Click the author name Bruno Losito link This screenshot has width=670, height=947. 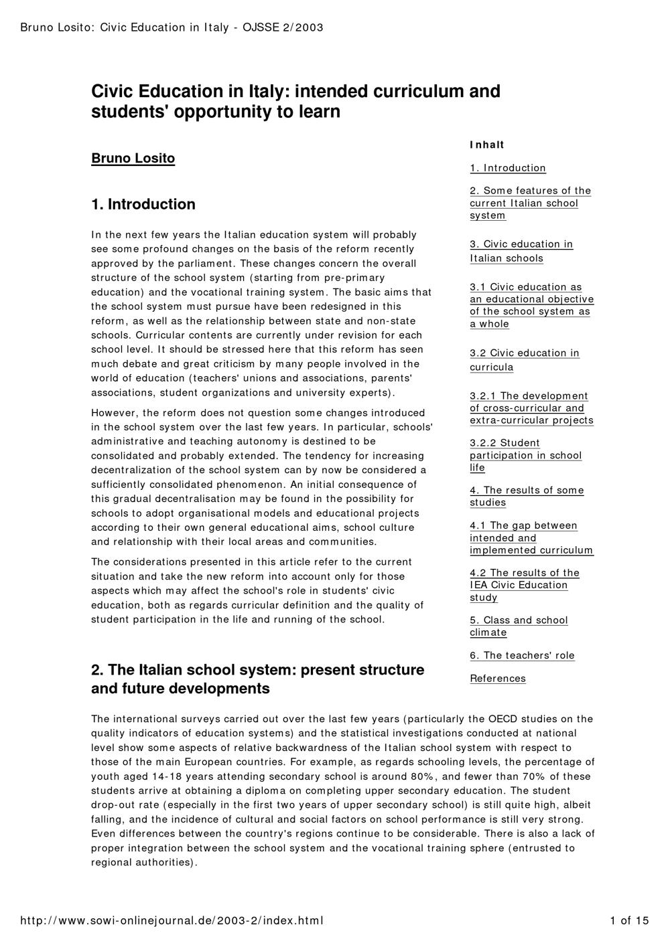133,159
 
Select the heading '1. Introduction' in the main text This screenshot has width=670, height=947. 143,204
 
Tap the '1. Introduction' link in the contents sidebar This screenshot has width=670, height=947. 508,168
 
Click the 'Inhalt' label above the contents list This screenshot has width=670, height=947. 487,145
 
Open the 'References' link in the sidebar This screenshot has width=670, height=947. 498,679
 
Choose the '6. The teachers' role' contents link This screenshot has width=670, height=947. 522,656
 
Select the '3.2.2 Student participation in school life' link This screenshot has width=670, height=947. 525,455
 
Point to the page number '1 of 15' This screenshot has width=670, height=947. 629,921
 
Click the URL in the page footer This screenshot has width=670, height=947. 172,921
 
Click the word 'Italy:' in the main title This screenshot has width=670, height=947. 270,91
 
